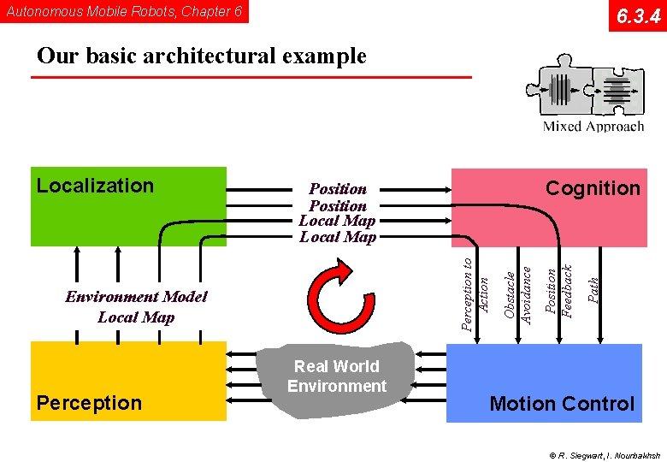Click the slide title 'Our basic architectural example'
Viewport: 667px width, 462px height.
(202, 56)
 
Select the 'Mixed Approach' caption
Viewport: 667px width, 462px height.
(593, 127)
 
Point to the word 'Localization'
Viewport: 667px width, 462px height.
(95, 186)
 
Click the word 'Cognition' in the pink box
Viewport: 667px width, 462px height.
(593, 188)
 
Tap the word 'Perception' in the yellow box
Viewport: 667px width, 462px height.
(89, 403)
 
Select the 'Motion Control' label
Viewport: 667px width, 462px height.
(562, 404)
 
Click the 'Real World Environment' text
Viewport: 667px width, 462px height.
(337, 376)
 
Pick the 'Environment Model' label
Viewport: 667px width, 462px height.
(136, 297)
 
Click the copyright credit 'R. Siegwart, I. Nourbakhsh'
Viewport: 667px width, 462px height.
(605, 454)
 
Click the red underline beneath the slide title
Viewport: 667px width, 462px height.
(251, 78)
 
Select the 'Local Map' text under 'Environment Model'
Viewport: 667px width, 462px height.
(136, 317)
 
